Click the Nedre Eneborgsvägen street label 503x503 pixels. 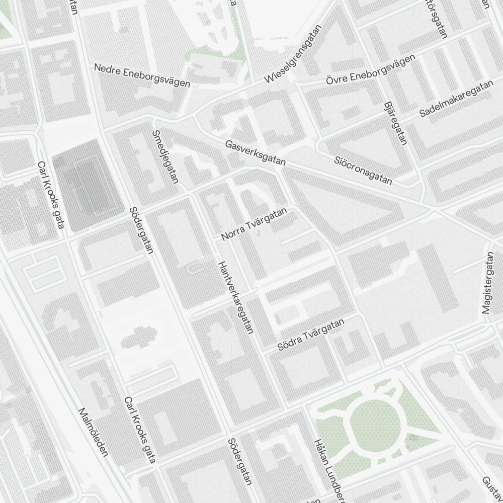tap(142, 75)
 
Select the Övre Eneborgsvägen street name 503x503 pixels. tap(370, 70)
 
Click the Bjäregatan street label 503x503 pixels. tap(395, 123)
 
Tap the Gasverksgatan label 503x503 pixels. tap(256, 153)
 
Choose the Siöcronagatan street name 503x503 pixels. tap(363, 170)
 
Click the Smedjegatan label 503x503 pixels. tap(164, 157)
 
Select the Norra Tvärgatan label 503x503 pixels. tap(254, 223)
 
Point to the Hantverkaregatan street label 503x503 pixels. tap(234, 298)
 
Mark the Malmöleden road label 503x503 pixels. tap(94, 432)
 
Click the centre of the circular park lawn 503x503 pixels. tap(374, 423)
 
